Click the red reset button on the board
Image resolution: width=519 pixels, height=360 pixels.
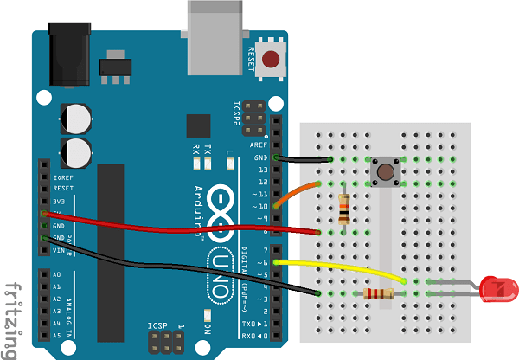click(x=272, y=60)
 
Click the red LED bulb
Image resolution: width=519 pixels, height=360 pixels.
click(x=499, y=288)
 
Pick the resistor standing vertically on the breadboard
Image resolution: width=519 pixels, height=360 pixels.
click(x=345, y=208)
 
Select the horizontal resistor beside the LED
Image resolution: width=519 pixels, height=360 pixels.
click(x=379, y=294)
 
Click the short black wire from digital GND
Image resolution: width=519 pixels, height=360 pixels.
click(x=303, y=160)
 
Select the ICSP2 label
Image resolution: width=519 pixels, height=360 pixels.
click(x=237, y=115)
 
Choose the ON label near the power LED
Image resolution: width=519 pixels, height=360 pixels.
click(x=208, y=329)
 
